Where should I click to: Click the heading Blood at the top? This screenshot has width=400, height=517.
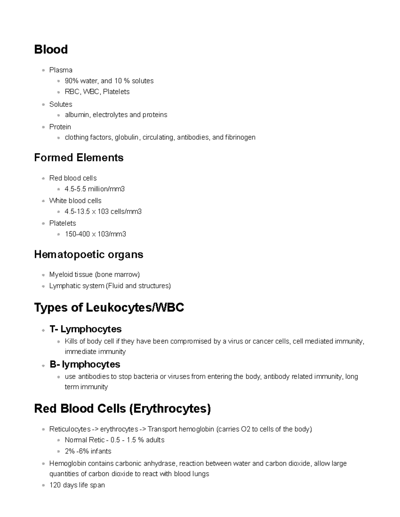(x=51, y=50)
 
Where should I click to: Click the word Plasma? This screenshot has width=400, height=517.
(x=61, y=70)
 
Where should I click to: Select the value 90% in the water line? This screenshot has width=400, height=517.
(x=71, y=81)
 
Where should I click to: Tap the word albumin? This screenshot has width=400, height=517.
(x=78, y=115)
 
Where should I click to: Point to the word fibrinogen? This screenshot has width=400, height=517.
(x=240, y=137)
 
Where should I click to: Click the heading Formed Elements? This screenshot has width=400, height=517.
(x=79, y=157)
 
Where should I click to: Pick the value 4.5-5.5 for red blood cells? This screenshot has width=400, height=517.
(x=75, y=189)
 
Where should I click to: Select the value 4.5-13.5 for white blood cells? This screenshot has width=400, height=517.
(x=77, y=212)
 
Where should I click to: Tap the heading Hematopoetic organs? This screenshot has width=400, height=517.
(x=89, y=255)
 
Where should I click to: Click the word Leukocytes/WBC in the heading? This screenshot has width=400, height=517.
(x=135, y=308)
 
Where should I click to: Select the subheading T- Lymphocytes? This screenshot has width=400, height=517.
(x=85, y=329)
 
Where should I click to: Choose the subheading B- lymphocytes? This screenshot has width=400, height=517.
(x=85, y=365)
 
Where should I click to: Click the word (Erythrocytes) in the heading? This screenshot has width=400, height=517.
(x=170, y=409)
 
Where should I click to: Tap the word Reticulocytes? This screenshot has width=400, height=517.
(x=70, y=429)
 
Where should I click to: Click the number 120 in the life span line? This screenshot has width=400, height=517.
(x=55, y=485)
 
